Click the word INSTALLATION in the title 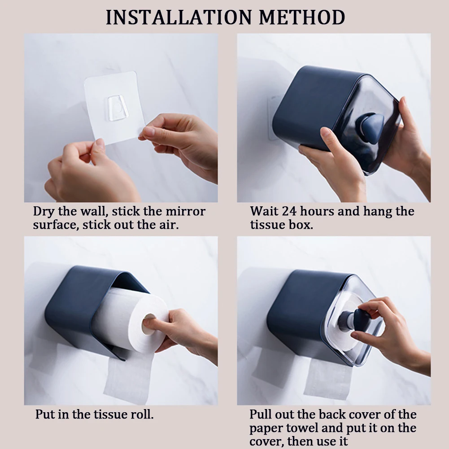click(x=179, y=17)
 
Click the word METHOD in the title click(x=302, y=17)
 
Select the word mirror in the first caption click(x=185, y=211)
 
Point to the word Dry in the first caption click(x=44, y=212)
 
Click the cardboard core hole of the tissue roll click(x=149, y=324)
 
